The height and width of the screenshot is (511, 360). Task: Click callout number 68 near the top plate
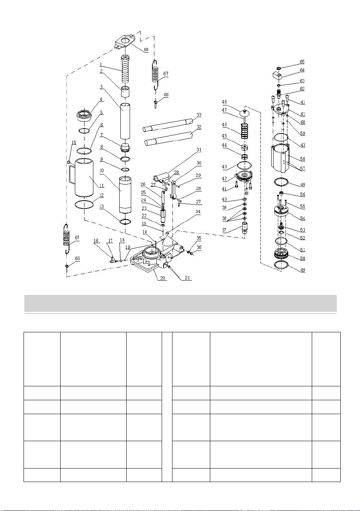click(x=146, y=49)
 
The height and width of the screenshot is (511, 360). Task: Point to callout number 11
click(x=101, y=186)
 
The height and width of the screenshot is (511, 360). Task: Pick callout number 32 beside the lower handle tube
click(x=199, y=127)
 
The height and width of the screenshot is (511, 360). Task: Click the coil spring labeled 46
click(x=245, y=131)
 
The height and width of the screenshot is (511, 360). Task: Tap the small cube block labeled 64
click(x=277, y=75)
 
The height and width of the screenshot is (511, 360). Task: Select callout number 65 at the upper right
click(x=302, y=62)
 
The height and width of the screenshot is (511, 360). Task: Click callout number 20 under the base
click(x=162, y=278)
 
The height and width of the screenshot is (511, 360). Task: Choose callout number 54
click(x=303, y=218)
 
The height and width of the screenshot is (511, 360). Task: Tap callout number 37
click(x=224, y=230)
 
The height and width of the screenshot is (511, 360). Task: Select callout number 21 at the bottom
click(x=187, y=278)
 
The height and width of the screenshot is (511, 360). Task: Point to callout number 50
click(x=303, y=258)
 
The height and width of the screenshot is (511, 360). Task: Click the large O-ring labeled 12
click(x=85, y=204)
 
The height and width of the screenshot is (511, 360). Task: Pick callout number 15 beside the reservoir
click(x=74, y=142)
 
